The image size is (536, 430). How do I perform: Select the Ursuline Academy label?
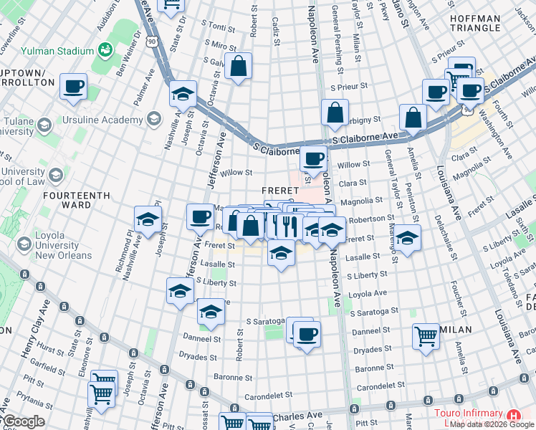pyautogui.click(x=104, y=120)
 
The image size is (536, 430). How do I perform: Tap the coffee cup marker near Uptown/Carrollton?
pyautogui.click(x=74, y=87)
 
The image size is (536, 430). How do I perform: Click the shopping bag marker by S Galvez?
pyautogui.click(x=238, y=67)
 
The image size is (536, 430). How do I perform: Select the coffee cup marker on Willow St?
pyautogui.click(x=312, y=159)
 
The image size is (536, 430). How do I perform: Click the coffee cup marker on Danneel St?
pyautogui.click(x=307, y=335)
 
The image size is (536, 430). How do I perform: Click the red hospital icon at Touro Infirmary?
pyautogui.click(x=513, y=416)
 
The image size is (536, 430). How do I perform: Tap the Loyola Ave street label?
pyautogui.click(x=367, y=294)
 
